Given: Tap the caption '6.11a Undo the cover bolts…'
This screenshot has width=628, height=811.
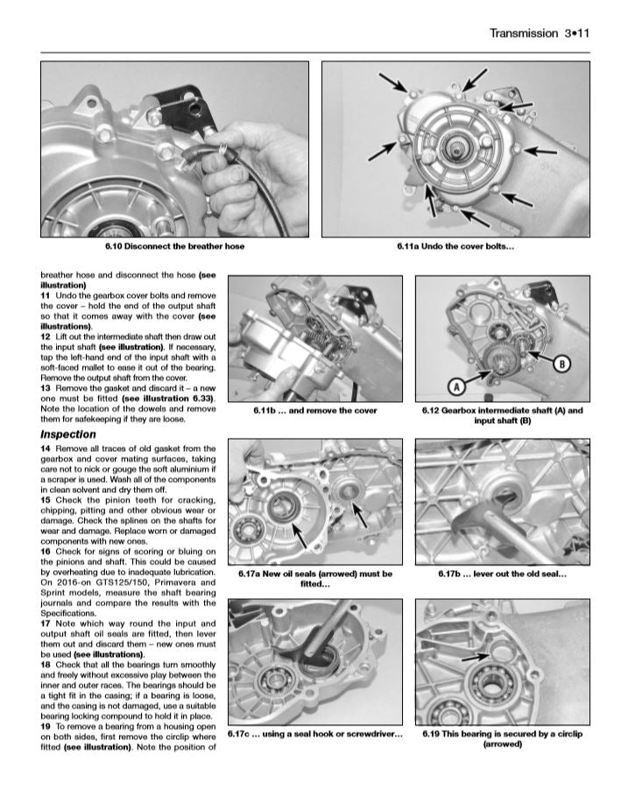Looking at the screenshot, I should [x=455, y=247].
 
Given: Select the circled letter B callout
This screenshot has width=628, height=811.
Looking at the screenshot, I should [x=564, y=360].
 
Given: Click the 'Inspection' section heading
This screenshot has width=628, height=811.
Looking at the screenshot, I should [x=68, y=434].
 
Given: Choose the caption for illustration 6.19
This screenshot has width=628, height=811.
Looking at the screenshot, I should [x=502, y=739].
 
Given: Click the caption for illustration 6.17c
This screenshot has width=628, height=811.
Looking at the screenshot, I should [x=314, y=734].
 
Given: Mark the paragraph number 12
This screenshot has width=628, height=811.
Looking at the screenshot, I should [x=46, y=336].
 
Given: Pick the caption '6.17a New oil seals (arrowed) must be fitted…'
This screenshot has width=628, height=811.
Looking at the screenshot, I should [x=314, y=579].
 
